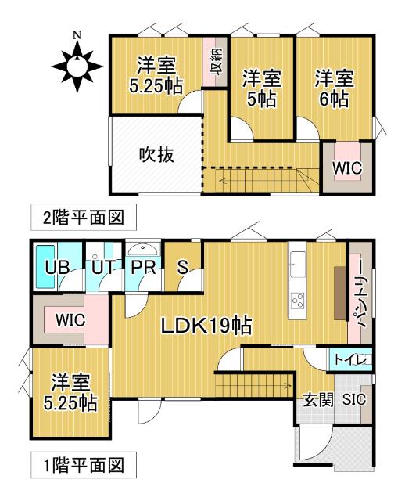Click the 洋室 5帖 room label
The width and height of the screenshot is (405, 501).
click(x=262, y=88)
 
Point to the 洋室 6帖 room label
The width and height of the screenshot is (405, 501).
click(x=335, y=88)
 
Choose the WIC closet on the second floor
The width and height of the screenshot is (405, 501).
click(x=344, y=167)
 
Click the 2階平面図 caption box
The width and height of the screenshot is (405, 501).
click(x=77, y=216)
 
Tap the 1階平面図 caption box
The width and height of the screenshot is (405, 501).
click(x=77, y=467)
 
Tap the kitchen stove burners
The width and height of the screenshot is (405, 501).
click(x=298, y=301)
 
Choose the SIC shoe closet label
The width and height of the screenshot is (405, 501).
click(x=354, y=399)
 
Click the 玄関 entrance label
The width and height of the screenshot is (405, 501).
click(x=319, y=399)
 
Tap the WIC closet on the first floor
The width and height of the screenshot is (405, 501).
click(x=70, y=320)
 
